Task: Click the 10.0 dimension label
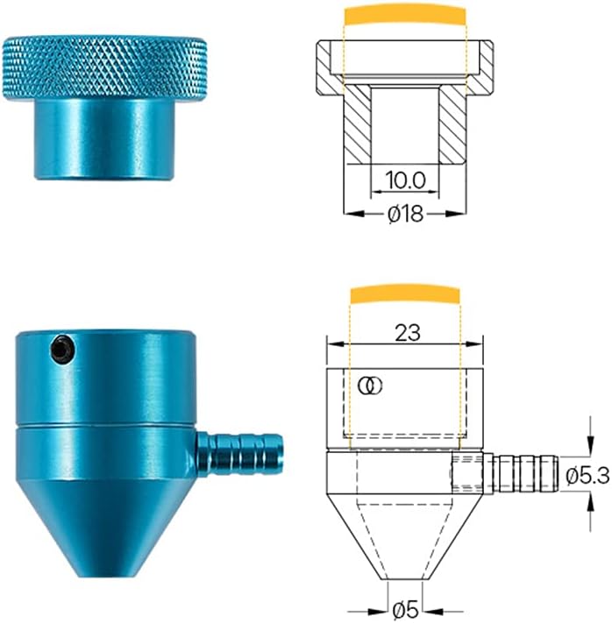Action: coord(404,181)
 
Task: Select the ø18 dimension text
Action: coord(404,213)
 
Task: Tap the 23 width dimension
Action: coord(408,332)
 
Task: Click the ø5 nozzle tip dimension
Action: coord(404,607)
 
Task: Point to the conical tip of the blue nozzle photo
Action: coord(103,526)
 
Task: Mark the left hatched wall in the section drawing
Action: coord(358,123)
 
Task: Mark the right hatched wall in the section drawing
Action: coord(452,123)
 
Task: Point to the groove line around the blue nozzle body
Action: coord(103,427)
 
